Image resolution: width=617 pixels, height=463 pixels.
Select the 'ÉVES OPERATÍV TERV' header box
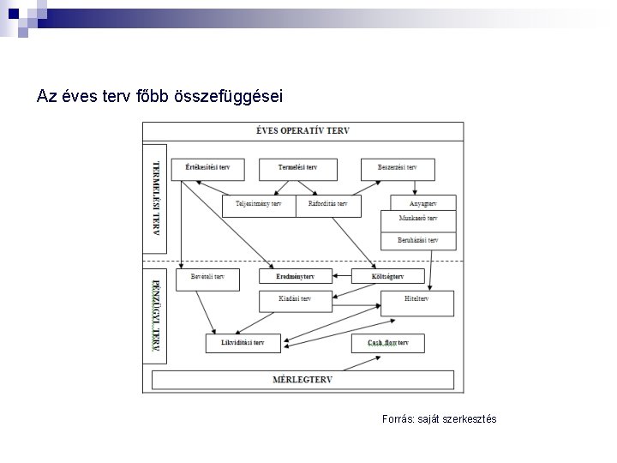[x=303, y=131]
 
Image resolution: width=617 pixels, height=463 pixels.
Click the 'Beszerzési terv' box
[x=397, y=168]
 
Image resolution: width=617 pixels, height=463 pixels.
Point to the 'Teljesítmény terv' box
[x=258, y=205]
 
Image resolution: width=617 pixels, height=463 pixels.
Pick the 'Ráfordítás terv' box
[x=328, y=205]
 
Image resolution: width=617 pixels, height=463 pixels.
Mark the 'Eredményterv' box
[x=295, y=277]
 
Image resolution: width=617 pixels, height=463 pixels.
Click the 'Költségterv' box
[x=388, y=277]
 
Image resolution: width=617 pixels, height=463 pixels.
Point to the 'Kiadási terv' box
[x=295, y=300]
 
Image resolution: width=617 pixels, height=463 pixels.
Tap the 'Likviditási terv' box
[x=243, y=343]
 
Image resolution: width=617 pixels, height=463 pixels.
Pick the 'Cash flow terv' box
[x=388, y=343]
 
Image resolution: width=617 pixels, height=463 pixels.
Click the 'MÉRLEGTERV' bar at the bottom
[x=303, y=380]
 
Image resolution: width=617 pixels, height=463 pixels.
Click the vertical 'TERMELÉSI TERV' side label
[x=155, y=197]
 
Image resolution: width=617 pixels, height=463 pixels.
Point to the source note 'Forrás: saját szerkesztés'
[x=439, y=419]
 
